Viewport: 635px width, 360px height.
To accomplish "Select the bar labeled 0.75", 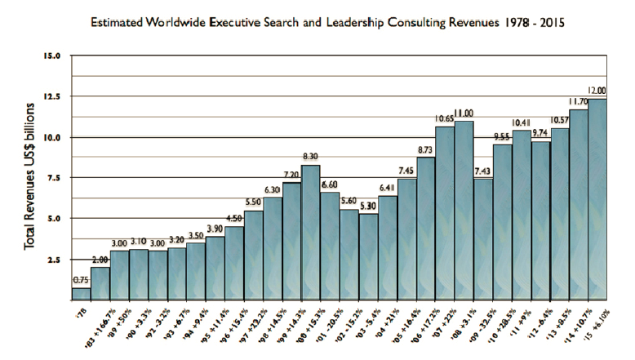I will click(x=81, y=293).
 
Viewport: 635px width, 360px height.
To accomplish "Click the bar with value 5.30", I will click(x=367, y=256).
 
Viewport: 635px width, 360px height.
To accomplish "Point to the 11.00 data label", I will click(x=464, y=113).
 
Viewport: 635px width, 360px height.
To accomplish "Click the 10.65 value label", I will click(x=444, y=119).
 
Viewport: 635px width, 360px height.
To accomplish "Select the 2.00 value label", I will click(x=100, y=260).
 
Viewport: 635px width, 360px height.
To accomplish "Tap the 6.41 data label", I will click(x=387, y=189).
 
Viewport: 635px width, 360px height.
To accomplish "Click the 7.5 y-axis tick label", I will click(x=54, y=179).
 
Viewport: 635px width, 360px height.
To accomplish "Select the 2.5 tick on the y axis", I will click(x=54, y=260).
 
